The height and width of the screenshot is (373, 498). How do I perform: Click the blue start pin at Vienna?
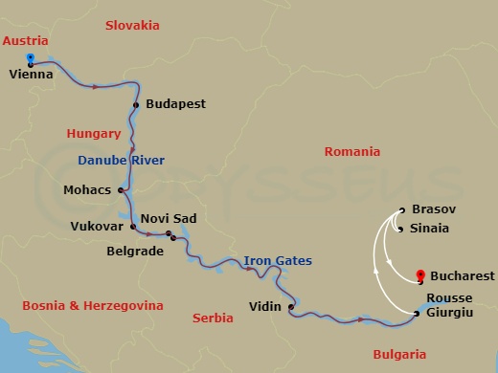click(x=31, y=56)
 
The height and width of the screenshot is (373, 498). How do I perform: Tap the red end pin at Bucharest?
click(x=421, y=274)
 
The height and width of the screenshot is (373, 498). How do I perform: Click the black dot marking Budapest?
click(x=137, y=104)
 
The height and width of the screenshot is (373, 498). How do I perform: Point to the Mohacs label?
click(x=88, y=189)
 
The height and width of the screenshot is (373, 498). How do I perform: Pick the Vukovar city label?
click(x=97, y=227)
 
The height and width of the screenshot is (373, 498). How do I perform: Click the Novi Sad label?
click(x=169, y=219)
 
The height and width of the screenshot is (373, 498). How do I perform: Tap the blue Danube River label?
click(x=122, y=160)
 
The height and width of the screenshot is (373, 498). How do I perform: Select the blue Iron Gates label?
click(x=278, y=260)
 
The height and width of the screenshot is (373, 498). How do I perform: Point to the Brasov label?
click(x=433, y=208)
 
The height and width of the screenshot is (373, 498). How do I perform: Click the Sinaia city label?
click(x=429, y=229)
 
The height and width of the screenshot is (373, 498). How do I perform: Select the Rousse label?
click(x=450, y=297)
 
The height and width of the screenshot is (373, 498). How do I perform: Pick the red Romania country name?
click(x=352, y=151)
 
